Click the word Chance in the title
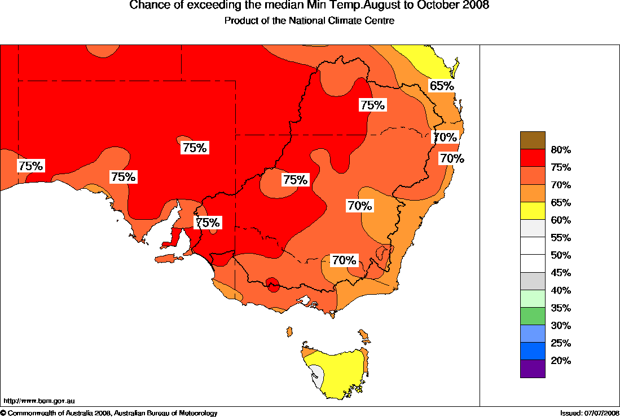pyautogui.click(x=148, y=6)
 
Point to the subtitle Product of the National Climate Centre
pyautogui.click(x=309, y=21)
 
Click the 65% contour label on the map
pyautogui.click(x=442, y=86)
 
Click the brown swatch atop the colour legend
pyautogui.click(x=533, y=140)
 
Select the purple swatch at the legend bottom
pyautogui.click(x=533, y=369)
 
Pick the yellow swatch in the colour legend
pyautogui.click(x=533, y=211)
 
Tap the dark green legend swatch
pyautogui.click(x=533, y=316)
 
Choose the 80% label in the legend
pyautogui.click(x=561, y=150)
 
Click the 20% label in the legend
pyautogui.click(x=561, y=361)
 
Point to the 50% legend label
pyautogui.click(x=561, y=255)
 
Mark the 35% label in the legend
pyautogui.click(x=561, y=308)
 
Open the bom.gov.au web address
pyautogui.click(x=39, y=401)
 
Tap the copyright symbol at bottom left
pyautogui.click(x=3, y=414)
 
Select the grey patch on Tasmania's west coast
pyautogui.click(x=318, y=375)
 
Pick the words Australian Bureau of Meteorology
pyautogui.click(x=166, y=414)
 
